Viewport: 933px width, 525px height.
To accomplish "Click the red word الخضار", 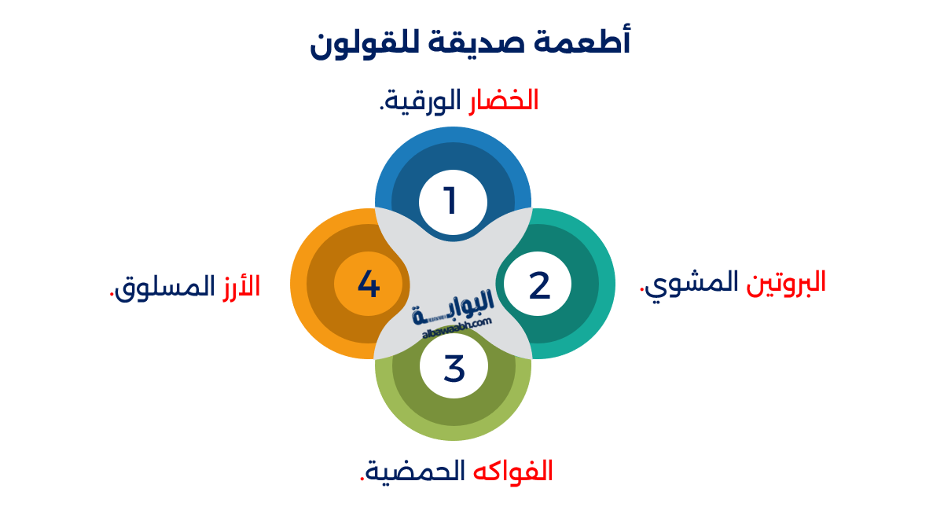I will point(504,101).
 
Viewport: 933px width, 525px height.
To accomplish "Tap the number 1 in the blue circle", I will point(451,201).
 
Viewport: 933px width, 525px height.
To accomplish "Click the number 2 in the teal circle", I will point(539,285).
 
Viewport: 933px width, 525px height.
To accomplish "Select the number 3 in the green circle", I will point(454,368).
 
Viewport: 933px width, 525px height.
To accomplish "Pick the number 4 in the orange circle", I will point(368,284).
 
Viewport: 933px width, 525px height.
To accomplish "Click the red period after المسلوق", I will point(111,296).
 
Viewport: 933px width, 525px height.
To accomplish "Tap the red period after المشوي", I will point(643,291).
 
